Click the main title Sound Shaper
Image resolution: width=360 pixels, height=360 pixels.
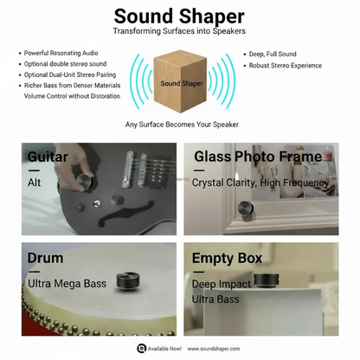(x=179, y=16)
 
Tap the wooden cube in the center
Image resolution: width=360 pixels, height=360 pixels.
(x=180, y=81)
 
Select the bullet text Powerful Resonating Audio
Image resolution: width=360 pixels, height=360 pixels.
(x=61, y=53)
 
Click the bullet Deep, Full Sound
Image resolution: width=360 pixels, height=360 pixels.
(x=273, y=54)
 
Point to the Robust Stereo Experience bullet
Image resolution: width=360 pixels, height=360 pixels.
(x=286, y=66)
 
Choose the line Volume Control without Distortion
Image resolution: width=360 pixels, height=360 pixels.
(x=72, y=96)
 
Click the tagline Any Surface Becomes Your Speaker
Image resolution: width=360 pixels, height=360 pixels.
(x=182, y=125)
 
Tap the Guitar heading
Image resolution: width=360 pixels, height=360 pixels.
(x=48, y=157)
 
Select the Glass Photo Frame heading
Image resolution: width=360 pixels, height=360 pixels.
(x=258, y=157)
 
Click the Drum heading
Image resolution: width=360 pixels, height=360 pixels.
(x=45, y=258)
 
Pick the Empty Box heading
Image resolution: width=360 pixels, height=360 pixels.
(x=227, y=259)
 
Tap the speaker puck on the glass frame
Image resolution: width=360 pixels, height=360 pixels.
(x=246, y=209)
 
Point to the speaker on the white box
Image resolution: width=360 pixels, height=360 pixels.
(x=266, y=280)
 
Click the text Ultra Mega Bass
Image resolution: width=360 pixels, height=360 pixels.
(x=67, y=284)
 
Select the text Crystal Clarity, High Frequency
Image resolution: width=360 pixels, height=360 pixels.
(x=260, y=183)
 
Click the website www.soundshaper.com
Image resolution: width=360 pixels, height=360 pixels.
(x=214, y=349)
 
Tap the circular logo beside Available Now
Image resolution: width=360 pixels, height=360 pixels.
(x=141, y=349)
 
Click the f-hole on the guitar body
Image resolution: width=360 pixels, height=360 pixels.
(x=125, y=214)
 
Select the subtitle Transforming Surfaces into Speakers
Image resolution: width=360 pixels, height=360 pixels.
(x=179, y=31)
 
